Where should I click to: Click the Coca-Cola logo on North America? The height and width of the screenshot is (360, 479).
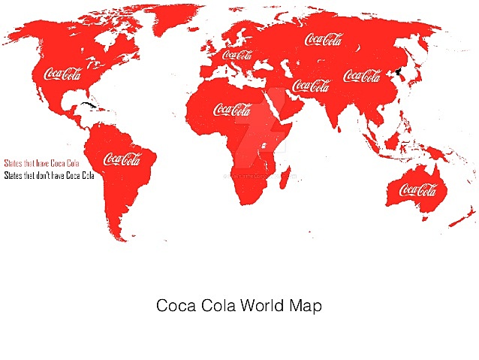63,73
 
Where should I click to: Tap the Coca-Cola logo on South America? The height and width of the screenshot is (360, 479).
122,159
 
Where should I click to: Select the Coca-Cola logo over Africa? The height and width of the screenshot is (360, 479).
233,109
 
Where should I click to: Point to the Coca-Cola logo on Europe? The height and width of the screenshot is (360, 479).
237,55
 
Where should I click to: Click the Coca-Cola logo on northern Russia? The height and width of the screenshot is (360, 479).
324,38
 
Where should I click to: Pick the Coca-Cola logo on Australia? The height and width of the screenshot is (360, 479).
418,189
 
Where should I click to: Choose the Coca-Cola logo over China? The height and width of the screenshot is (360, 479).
362,76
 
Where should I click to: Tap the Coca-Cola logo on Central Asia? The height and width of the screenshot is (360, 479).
311,85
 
